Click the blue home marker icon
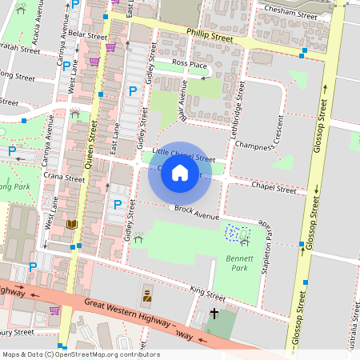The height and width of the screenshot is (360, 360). point(179,173)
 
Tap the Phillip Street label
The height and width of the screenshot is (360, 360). point(210,37)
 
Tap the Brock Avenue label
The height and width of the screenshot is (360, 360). point(196,212)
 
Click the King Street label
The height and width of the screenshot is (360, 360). point(208,292)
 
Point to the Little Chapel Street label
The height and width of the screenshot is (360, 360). point(183,154)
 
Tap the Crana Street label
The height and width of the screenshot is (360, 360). point(65,177)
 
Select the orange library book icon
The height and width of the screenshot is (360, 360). point(73,225)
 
